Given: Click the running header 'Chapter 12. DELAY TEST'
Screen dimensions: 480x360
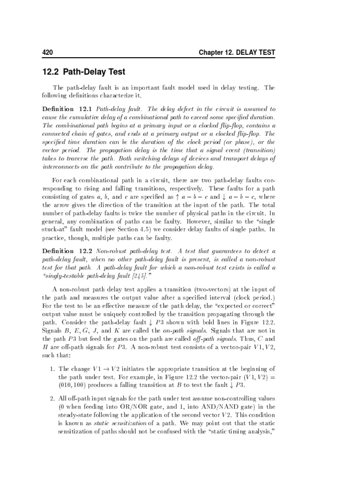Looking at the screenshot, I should click(x=237, y=52).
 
